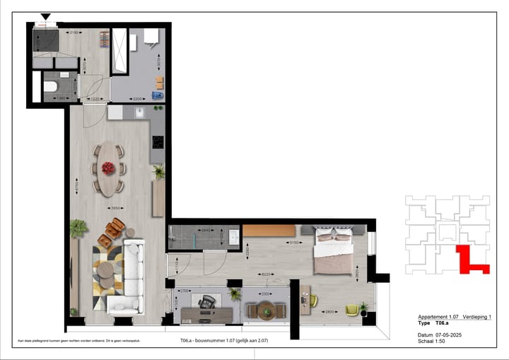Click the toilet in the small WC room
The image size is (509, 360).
[x=49, y=87]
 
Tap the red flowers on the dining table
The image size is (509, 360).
[x=107, y=168]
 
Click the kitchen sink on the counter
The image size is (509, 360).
[x=140, y=112]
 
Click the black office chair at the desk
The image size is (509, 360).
[x=206, y=303]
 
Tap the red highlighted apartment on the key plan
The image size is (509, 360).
[x=469, y=260]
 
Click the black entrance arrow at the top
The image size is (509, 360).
[x=46, y=17]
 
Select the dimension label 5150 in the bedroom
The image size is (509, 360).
[x=291, y=243]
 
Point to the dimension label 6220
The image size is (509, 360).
[x=267, y=274]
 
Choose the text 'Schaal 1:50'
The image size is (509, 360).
[x=432, y=341]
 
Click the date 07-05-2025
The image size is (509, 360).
[x=449, y=335]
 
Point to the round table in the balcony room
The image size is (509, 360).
[x=266, y=310]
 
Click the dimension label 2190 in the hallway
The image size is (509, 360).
[x=71, y=33]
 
